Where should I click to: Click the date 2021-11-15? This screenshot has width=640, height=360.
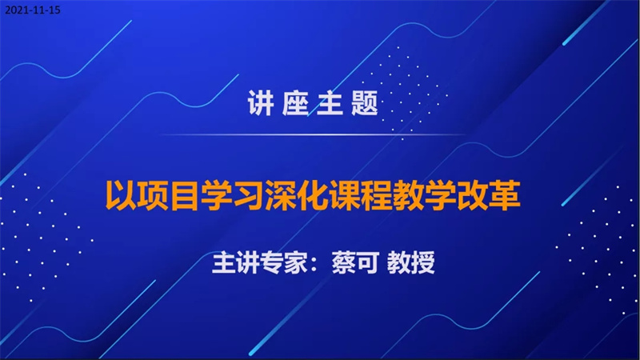coord(33,10)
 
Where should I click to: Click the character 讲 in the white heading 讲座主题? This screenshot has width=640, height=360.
coord(261,103)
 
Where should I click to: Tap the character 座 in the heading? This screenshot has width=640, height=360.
coord(295,103)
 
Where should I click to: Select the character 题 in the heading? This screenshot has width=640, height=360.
coord(365,103)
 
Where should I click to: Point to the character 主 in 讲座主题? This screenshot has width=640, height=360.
coord(330,103)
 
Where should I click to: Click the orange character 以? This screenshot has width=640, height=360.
coord(121,195)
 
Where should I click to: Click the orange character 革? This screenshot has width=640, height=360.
coord(505,195)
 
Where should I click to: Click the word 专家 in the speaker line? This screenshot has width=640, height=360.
coord(284,262)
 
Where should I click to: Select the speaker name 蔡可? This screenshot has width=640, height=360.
coord(355,262)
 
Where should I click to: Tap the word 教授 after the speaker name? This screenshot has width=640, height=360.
coord(410,262)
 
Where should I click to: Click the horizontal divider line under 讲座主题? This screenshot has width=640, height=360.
coord(312,134)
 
